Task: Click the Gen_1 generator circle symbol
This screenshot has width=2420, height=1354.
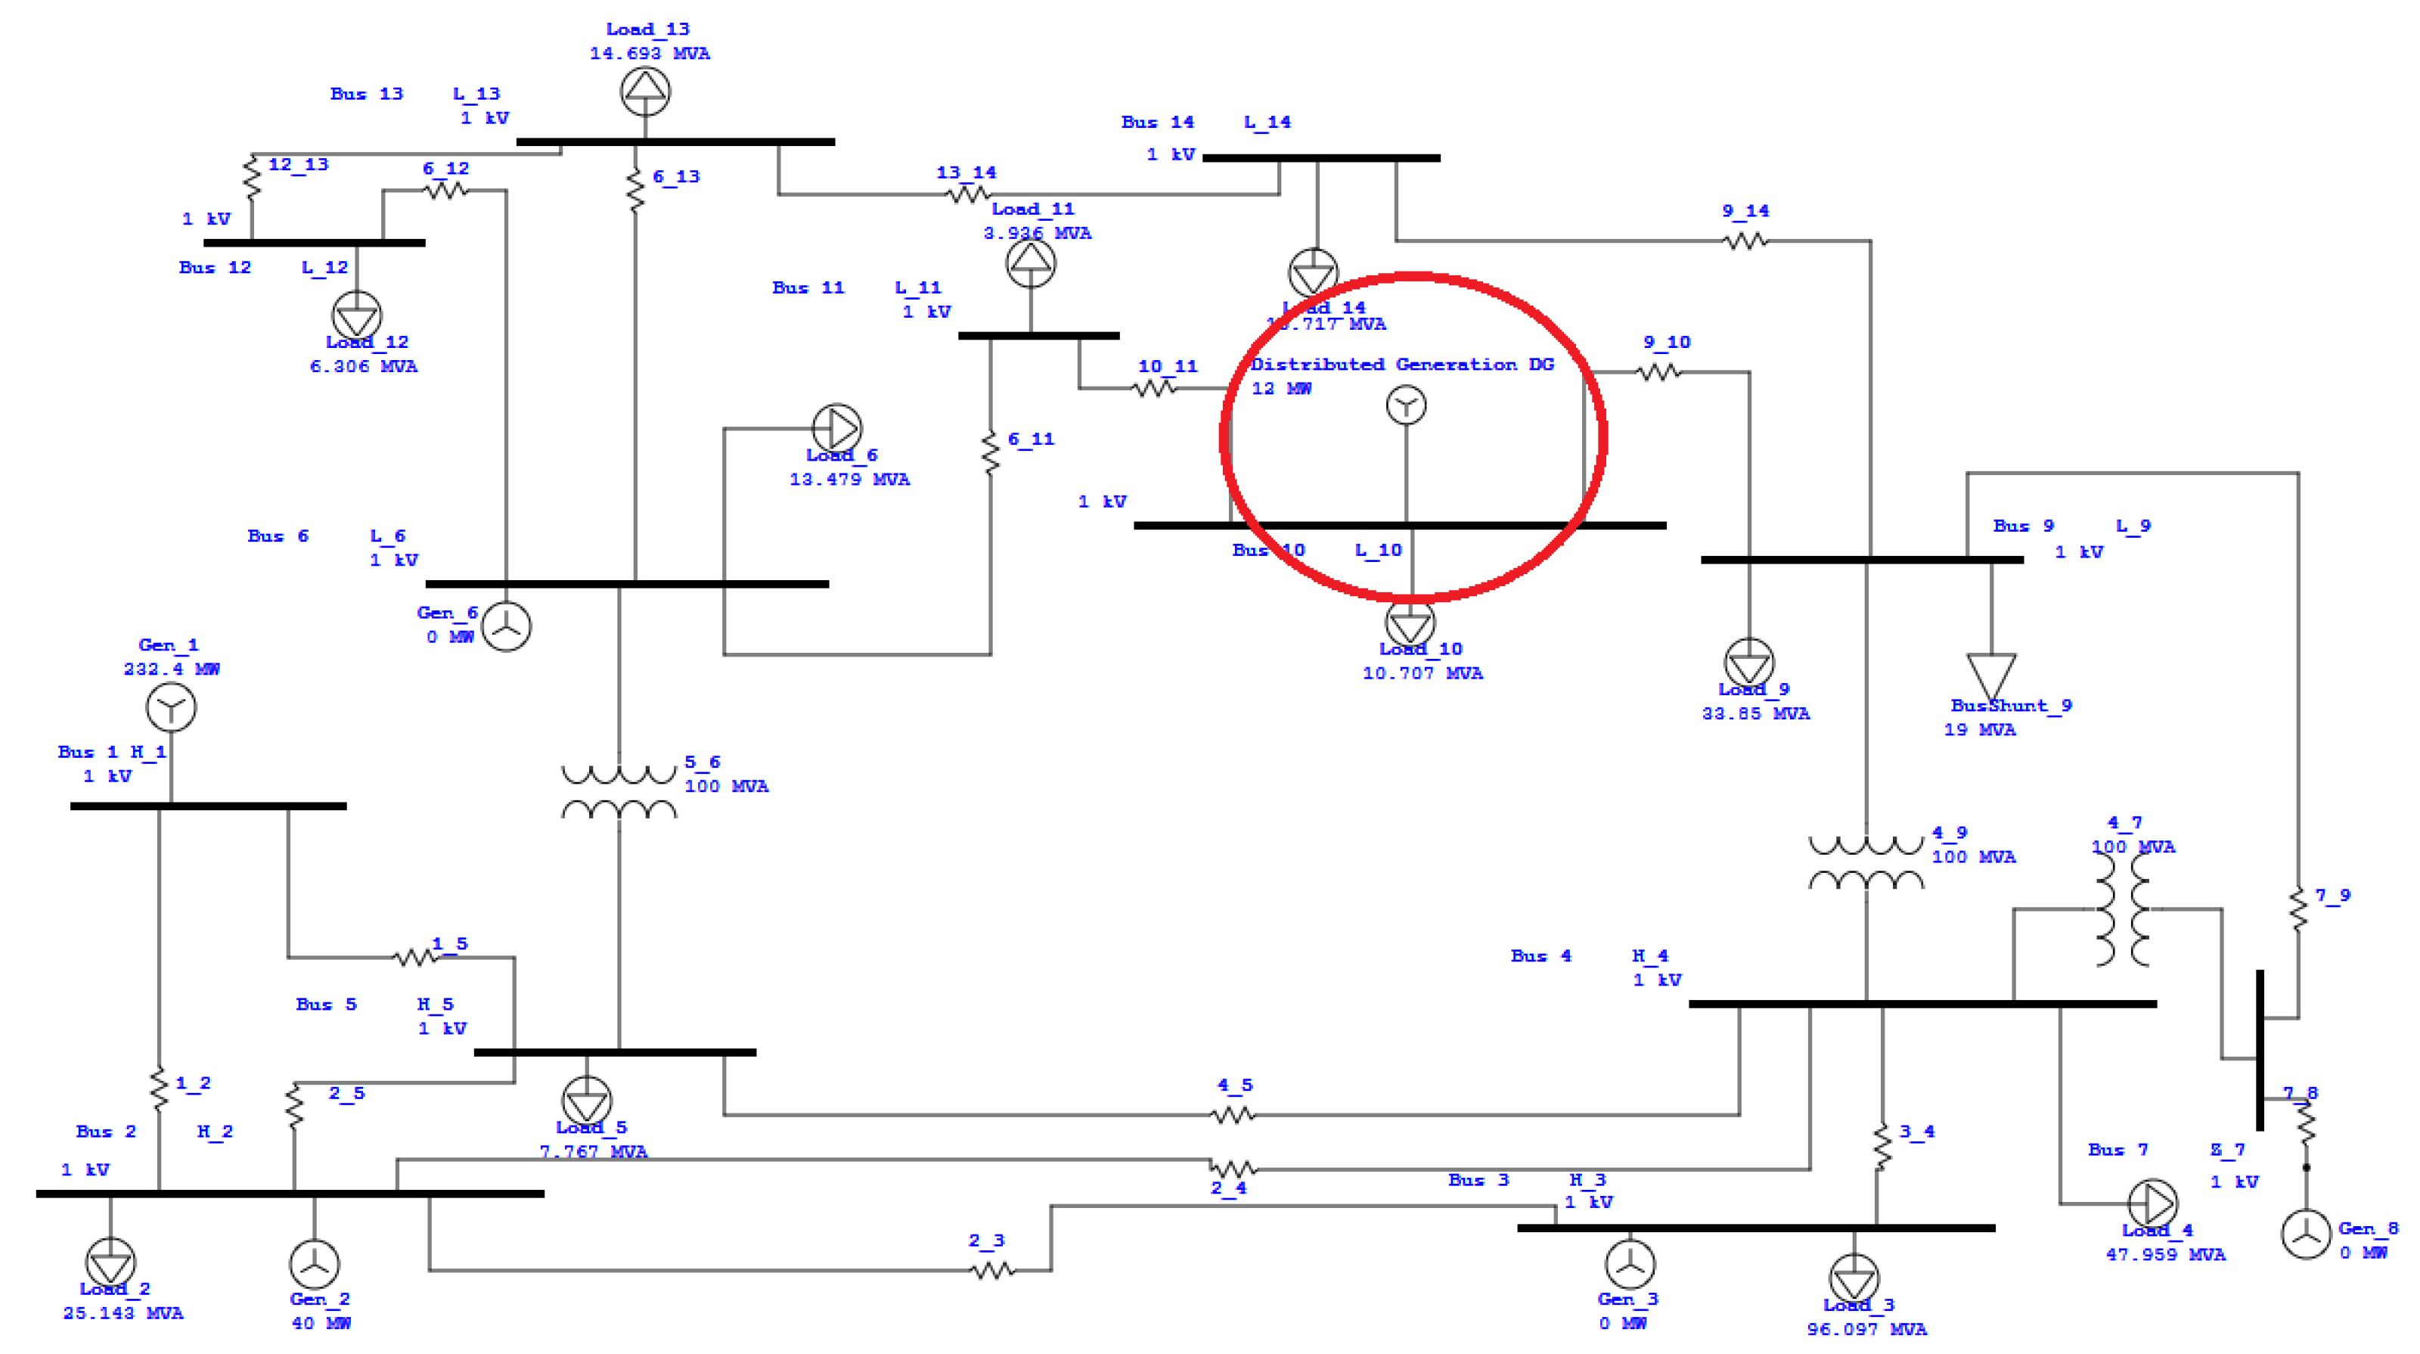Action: (x=171, y=707)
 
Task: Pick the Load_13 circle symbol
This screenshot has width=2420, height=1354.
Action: (x=645, y=91)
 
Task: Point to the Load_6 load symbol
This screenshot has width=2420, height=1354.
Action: (x=837, y=428)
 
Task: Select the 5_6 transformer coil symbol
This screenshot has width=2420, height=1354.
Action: (x=619, y=791)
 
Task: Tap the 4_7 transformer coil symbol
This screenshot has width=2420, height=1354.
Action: (x=2122, y=909)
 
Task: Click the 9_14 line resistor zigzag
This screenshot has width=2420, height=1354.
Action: (x=1745, y=241)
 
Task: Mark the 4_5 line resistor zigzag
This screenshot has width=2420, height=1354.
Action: (x=1233, y=1115)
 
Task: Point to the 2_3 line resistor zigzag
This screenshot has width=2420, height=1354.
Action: (x=992, y=1270)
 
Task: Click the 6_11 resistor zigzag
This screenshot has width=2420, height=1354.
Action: (x=991, y=453)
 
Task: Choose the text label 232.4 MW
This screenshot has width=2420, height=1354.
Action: (x=171, y=669)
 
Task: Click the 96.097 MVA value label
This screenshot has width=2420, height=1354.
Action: (x=1866, y=1328)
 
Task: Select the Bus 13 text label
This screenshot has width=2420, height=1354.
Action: (x=366, y=94)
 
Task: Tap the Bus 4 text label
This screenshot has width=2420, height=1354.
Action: (x=1540, y=955)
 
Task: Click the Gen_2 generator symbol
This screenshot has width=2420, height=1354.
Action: (x=314, y=1264)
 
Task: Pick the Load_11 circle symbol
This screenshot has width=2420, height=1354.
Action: (x=1031, y=263)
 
